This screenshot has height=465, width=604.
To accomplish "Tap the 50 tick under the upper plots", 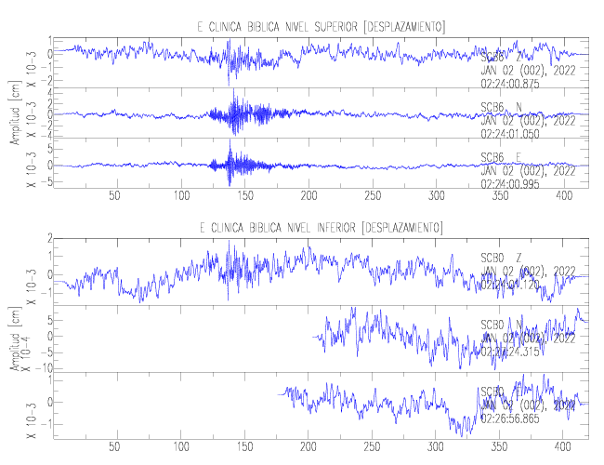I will coord(114,196).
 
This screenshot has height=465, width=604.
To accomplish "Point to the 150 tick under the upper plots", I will coord(243,196).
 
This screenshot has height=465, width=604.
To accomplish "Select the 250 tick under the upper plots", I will coord(373,196).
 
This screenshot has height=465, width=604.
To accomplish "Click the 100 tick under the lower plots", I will coord(179,446).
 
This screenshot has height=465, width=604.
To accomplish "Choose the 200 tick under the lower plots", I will coord(308,446).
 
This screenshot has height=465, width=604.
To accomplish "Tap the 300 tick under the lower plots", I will coord(437,446).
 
